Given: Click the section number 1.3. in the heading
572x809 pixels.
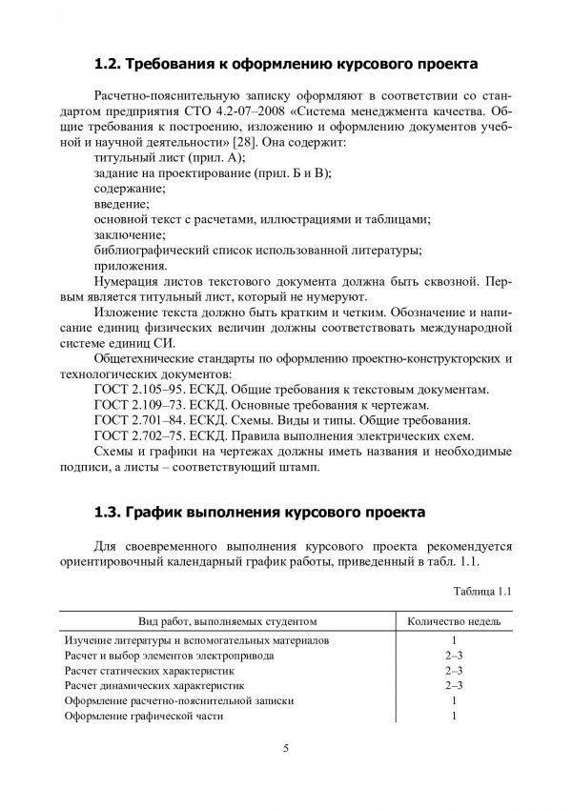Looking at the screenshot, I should [111, 511].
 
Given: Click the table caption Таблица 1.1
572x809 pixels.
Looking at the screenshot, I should [483, 591].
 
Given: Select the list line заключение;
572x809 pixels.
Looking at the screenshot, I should [128, 234].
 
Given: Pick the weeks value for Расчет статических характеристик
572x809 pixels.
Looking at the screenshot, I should [455, 670].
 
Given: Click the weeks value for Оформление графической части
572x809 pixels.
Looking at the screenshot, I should [455, 716].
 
